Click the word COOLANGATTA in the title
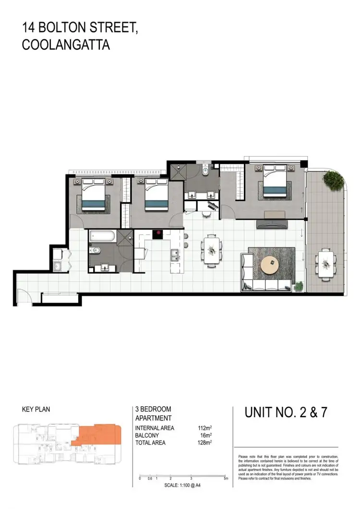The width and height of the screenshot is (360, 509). point(66,45)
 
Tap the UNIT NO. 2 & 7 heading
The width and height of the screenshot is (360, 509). point(286,412)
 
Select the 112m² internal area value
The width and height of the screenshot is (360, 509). point(205,428)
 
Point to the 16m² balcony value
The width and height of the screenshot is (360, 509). point(206,435)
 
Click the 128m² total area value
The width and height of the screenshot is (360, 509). point(205,442)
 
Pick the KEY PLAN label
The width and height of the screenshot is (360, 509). point(36,410)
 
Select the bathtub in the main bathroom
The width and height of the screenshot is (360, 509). point(101,236)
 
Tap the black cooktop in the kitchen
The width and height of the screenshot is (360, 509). point(158,234)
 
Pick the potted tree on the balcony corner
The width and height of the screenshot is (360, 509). point(332,179)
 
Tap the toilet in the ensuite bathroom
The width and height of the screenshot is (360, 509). point(205,171)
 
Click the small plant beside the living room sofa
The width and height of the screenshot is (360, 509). point(299,286)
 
